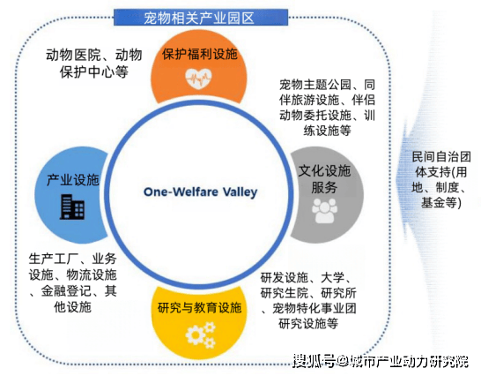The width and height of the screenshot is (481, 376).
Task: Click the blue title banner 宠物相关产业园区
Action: (201, 18)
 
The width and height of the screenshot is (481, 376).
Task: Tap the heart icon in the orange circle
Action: (198, 79)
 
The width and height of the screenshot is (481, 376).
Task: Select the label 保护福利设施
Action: (200, 54)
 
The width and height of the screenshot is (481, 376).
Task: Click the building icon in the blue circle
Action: (72, 207)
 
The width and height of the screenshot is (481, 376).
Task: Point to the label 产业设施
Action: (73, 180)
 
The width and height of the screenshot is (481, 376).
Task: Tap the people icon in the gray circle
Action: (324, 211)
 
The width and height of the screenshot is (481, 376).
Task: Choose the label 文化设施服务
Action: (324, 178)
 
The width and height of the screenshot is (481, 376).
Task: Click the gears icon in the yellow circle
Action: (201, 335)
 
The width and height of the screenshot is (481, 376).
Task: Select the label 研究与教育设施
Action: (199, 307)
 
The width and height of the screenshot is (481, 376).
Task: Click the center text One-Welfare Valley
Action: (200, 192)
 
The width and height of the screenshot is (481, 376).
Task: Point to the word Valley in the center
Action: (240, 192)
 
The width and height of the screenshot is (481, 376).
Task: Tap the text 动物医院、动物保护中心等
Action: (94, 64)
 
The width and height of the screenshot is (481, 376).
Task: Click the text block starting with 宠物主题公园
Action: (327, 108)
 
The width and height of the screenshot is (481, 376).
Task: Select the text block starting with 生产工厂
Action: (73, 282)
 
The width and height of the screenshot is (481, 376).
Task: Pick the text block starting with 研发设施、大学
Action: (308, 300)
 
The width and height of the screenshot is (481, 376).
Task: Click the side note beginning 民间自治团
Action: (441, 180)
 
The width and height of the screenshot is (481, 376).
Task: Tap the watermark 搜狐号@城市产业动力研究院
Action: (381, 361)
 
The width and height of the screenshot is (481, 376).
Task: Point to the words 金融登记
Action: (66, 291)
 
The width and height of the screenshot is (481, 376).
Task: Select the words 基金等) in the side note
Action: (441, 203)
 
